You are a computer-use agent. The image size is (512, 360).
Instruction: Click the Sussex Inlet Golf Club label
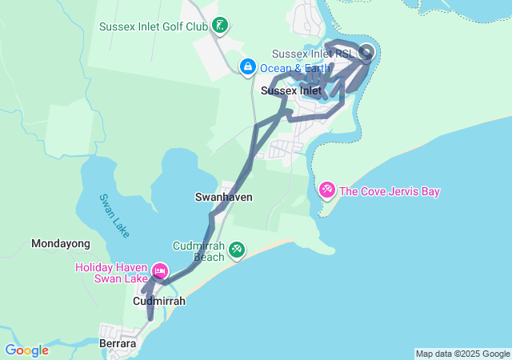pos(154,26)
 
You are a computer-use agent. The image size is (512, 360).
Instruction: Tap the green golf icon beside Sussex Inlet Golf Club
pos(221,26)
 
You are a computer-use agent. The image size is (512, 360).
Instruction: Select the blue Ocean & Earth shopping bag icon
pos(247,66)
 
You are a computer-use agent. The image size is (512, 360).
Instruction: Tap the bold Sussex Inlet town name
pos(291,90)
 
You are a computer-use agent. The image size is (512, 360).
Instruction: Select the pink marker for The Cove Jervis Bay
pos(327,190)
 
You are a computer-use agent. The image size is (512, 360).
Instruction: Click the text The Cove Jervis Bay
pos(390,191)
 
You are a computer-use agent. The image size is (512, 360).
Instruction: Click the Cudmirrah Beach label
pos(198,251)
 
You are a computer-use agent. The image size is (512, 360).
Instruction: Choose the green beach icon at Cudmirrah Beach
pos(237,250)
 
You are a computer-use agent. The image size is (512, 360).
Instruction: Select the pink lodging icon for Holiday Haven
pos(160,272)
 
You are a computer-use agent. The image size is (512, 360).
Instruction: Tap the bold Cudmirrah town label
pos(158,301)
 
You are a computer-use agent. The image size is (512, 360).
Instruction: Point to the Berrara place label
pos(118,343)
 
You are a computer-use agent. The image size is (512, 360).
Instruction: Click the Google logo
pos(26,350)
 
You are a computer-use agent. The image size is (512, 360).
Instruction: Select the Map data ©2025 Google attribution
pos(462,354)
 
